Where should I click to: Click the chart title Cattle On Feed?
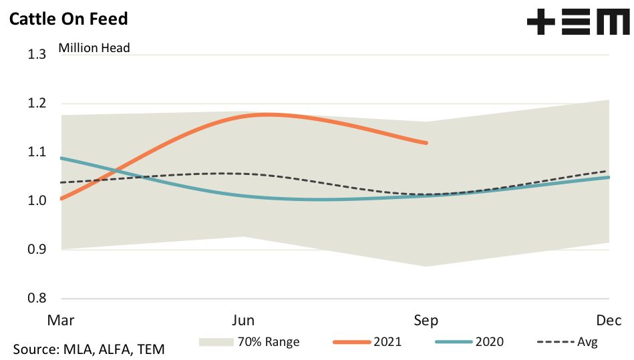[67, 18]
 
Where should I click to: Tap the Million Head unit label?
[94, 47]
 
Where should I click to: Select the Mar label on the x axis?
[60, 320]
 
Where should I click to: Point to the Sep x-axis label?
[426, 320]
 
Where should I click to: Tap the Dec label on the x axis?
[609, 320]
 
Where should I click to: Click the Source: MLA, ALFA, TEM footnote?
[88, 349]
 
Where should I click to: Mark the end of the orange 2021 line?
[426, 143]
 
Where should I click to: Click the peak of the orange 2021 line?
[266, 115]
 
